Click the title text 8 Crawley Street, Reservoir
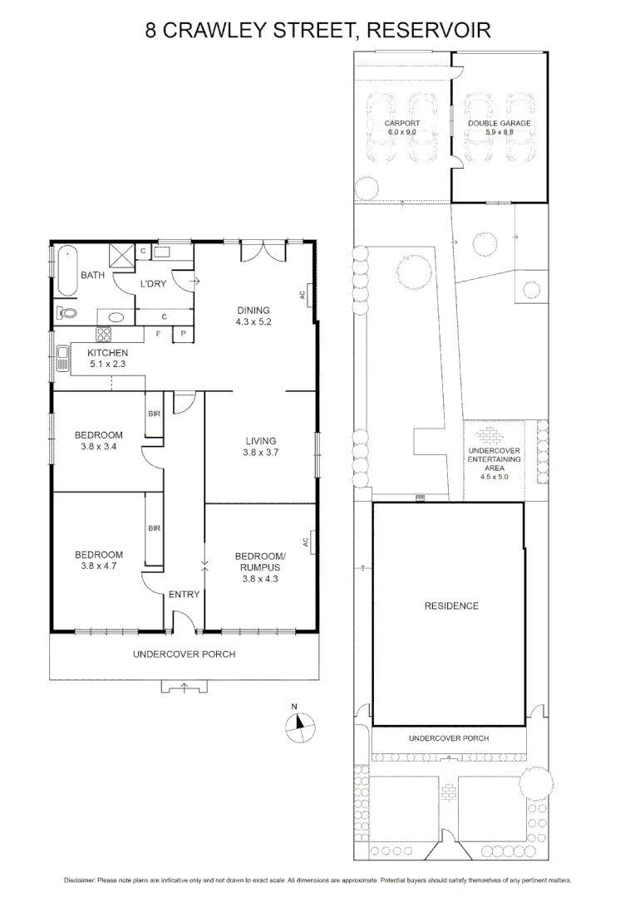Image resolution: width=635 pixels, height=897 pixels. [x=317, y=31]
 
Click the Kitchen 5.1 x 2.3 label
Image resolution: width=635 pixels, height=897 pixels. [x=108, y=358]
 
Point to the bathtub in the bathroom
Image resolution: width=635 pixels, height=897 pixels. [x=66, y=272]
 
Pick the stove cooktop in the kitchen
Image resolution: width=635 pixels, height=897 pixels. [x=105, y=336]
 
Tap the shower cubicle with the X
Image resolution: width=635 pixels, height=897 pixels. [x=122, y=255]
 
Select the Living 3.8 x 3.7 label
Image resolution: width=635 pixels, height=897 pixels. [x=259, y=447]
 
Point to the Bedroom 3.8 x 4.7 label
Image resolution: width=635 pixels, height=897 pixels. [x=99, y=561]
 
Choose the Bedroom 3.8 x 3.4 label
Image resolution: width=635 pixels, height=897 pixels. [x=99, y=440]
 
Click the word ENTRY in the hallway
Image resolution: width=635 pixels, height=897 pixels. [x=183, y=595]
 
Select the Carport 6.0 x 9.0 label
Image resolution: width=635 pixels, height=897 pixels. [x=401, y=127]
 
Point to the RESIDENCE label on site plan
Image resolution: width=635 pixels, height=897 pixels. [x=451, y=605]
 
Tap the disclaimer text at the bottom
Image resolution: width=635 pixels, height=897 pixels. [x=317, y=880]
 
